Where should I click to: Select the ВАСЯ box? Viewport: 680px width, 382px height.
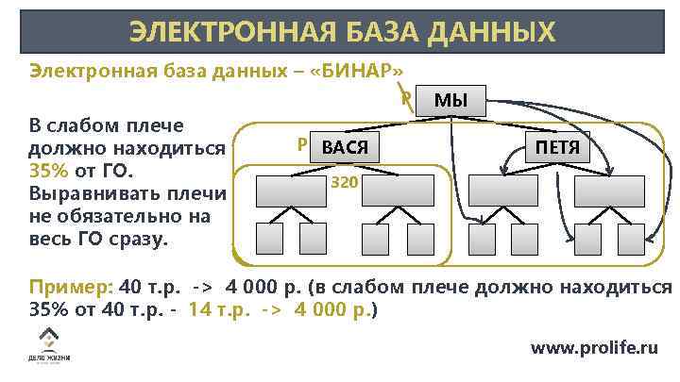click(344, 147)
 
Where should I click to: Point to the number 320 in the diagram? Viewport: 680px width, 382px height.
click(344, 181)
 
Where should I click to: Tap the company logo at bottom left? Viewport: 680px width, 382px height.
click(47, 347)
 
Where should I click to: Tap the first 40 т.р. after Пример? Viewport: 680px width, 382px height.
click(149, 287)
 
